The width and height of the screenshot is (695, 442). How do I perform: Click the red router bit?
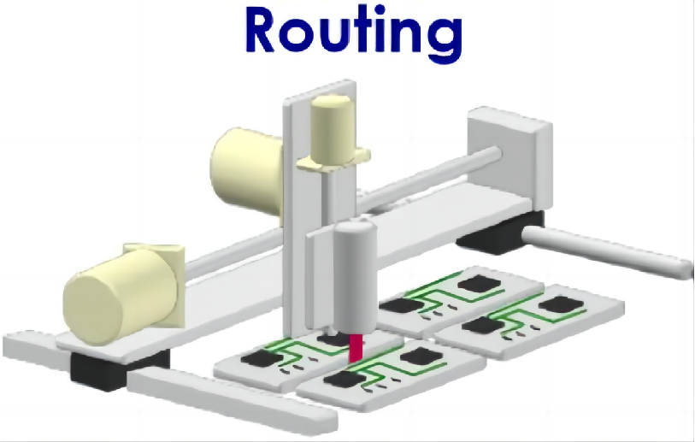pos(356,348)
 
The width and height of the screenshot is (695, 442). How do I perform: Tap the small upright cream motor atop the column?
pos(333,128)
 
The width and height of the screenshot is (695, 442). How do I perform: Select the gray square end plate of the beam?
pos(509,160)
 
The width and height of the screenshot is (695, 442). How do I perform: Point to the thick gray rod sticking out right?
pos(607,251)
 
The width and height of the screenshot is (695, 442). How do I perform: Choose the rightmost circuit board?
pos(530,321)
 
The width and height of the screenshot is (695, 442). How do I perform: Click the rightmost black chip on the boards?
pos(561,305)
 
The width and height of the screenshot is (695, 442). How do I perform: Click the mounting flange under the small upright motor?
pos(333,160)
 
